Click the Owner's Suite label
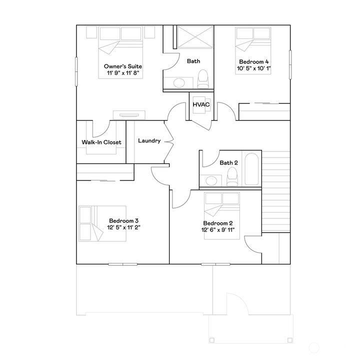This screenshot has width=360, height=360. click(x=123, y=66)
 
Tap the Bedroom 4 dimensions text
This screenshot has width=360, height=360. click(x=254, y=69)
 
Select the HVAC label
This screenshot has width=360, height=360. click(x=201, y=104)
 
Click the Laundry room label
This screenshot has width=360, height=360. click(x=149, y=141)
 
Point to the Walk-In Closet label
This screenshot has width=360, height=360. click(x=101, y=142)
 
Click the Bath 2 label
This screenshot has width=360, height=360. click(x=228, y=162)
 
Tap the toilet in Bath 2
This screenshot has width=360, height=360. click(x=231, y=175)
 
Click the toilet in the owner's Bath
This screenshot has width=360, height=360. click(x=202, y=79)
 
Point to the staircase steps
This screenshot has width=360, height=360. click(x=276, y=192)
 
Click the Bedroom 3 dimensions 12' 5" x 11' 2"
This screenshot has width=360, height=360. click(x=123, y=227)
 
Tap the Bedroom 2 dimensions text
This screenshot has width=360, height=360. click(x=217, y=230)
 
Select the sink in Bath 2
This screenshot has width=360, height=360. click(x=211, y=180)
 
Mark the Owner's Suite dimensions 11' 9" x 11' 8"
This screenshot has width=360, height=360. click(x=122, y=72)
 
